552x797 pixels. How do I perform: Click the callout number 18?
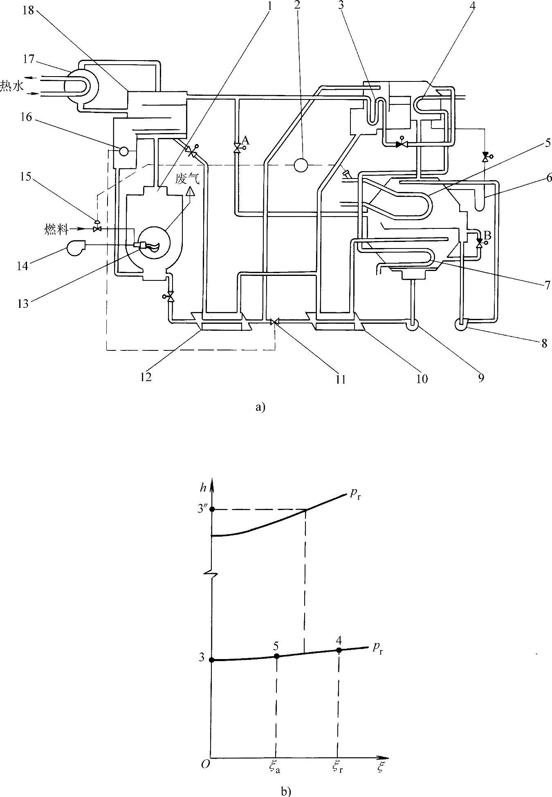click(x=28, y=10)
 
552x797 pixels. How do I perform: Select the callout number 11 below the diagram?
click(x=341, y=379)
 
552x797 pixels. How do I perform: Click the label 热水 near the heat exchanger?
click(x=12, y=87)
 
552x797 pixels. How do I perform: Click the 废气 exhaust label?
click(x=188, y=179)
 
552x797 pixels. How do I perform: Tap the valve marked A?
click(x=237, y=148)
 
